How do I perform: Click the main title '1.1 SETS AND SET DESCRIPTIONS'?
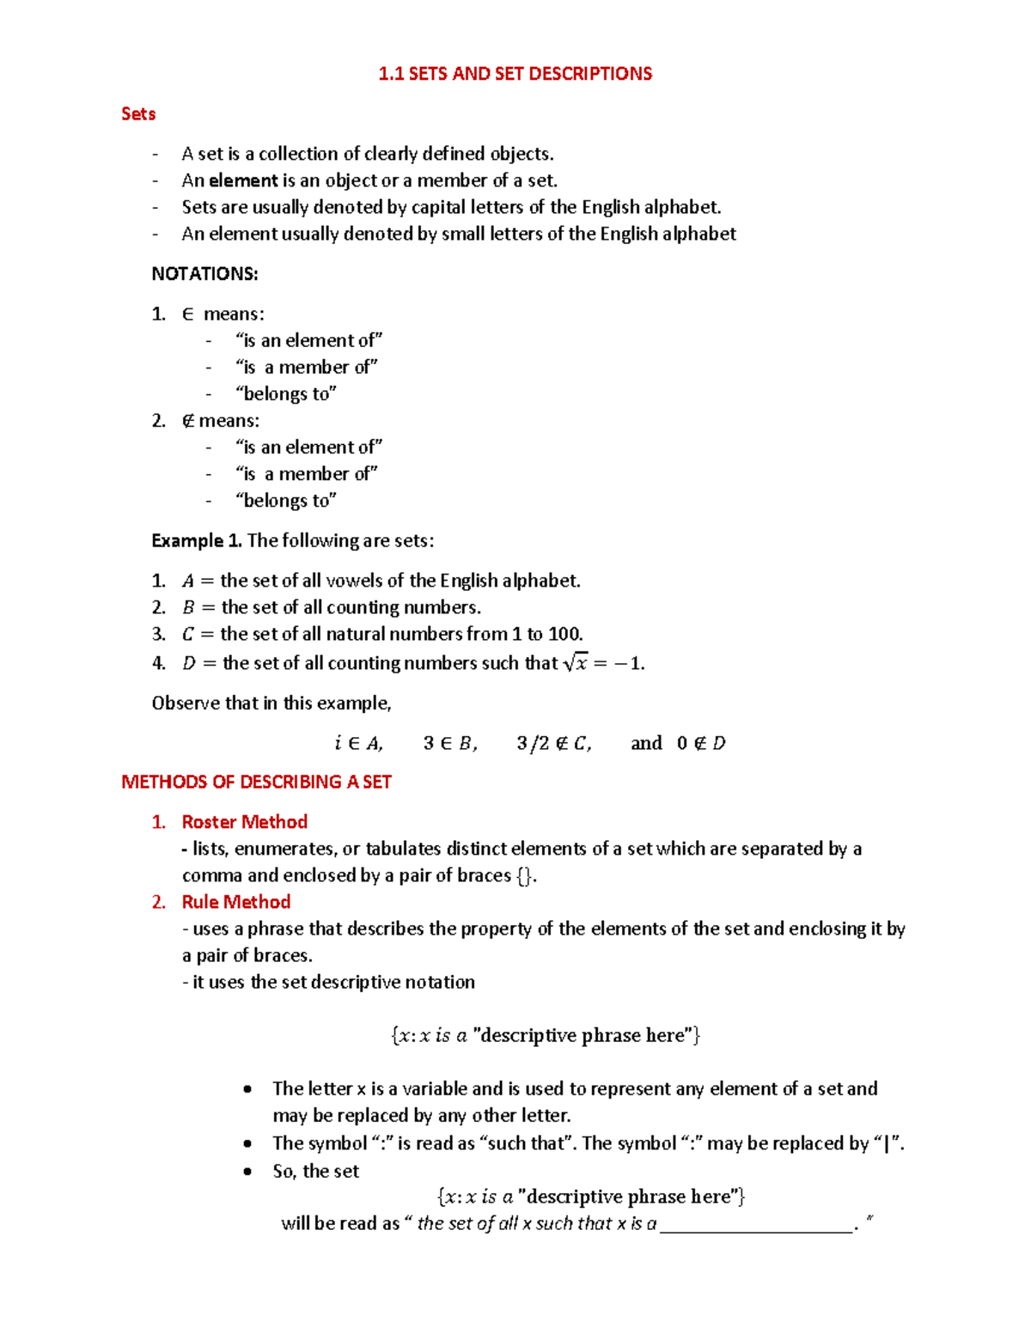tap(515, 74)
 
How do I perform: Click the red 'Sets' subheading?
tap(138, 114)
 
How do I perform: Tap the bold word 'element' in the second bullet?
tap(244, 180)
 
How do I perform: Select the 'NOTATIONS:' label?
tap(204, 274)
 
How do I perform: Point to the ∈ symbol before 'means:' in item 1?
tap(187, 314)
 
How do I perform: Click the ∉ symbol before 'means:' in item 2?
tap(187, 421)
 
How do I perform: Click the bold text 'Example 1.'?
tap(197, 540)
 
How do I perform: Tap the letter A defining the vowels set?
tap(188, 582)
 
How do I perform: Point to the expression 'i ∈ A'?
tap(358, 743)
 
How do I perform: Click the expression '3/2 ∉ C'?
tap(553, 743)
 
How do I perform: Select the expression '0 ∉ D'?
tap(701, 743)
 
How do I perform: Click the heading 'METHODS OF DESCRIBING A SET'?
tap(256, 782)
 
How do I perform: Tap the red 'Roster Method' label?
tap(245, 822)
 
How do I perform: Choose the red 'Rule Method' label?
tap(236, 902)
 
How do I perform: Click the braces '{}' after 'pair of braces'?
tap(524, 875)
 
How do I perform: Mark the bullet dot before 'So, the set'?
tap(248, 1172)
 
